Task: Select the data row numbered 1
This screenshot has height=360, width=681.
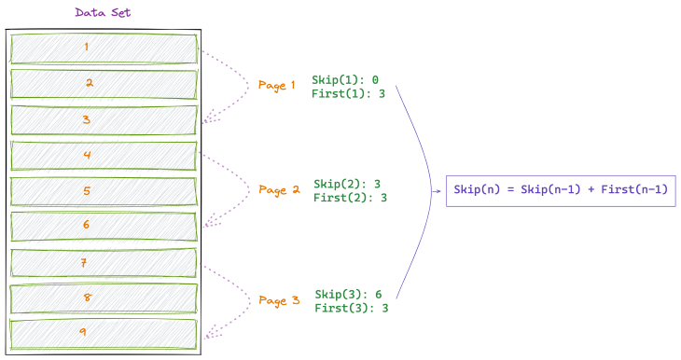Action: pyautogui.click(x=104, y=48)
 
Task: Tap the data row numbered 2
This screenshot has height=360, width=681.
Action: pyautogui.click(x=104, y=83)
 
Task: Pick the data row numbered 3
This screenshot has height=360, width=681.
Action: pyautogui.click(x=104, y=119)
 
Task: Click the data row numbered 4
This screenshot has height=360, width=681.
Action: pyautogui.click(x=104, y=155)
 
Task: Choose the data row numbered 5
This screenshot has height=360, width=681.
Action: pyautogui.click(x=104, y=191)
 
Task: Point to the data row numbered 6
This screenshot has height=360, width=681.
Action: pyautogui.click(x=104, y=226)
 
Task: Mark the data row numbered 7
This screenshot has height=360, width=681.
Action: pyautogui.click(x=104, y=263)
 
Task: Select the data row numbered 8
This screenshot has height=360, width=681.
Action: pyautogui.click(x=104, y=298)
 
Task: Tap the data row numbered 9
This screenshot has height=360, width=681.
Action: pyautogui.click(x=104, y=333)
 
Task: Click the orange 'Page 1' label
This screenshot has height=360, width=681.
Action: pyautogui.click(x=276, y=85)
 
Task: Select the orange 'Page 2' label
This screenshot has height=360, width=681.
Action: pyautogui.click(x=279, y=190)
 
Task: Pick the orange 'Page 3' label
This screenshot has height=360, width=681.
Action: pyautogui.click(x=279, y=300)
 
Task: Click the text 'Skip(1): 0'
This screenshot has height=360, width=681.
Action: pyautogui.click(x=345, y=80)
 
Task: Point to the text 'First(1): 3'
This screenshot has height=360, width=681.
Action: pyautogui.click(x=348, y=94)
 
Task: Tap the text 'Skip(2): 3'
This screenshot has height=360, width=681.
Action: pyautogui.click(x=347, y=184)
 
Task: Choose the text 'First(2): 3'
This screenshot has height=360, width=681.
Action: pyautogui.click(x=350, y=198)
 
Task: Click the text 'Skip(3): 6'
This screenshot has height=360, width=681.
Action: pyautogui.click(x=347, y=294)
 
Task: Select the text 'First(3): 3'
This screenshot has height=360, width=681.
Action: pyautogui.click(x=351, y=308)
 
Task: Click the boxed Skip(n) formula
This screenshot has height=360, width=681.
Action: pyautogui.click(x=560, y=190)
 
